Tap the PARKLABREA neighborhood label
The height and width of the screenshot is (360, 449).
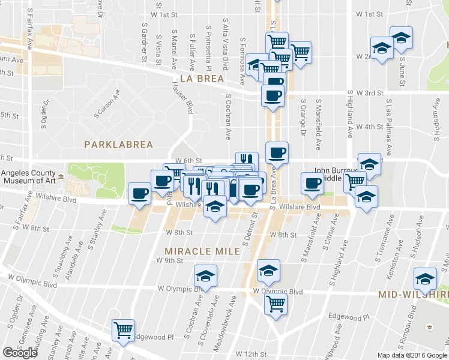[x=119, y=145]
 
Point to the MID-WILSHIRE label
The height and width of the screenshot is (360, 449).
[x=414, y=295]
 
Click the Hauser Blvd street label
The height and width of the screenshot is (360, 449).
[x=182, y=98]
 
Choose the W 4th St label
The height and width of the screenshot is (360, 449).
[x=369, y=127]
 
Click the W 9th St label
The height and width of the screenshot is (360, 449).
[x=169, y=260]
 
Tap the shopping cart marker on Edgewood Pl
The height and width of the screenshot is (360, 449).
[x=124, y=329]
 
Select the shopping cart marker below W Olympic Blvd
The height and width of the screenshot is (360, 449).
[x=276, y=304]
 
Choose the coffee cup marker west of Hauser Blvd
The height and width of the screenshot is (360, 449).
[x=140, y=193]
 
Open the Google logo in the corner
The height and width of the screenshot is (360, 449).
[x=20, y=353]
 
